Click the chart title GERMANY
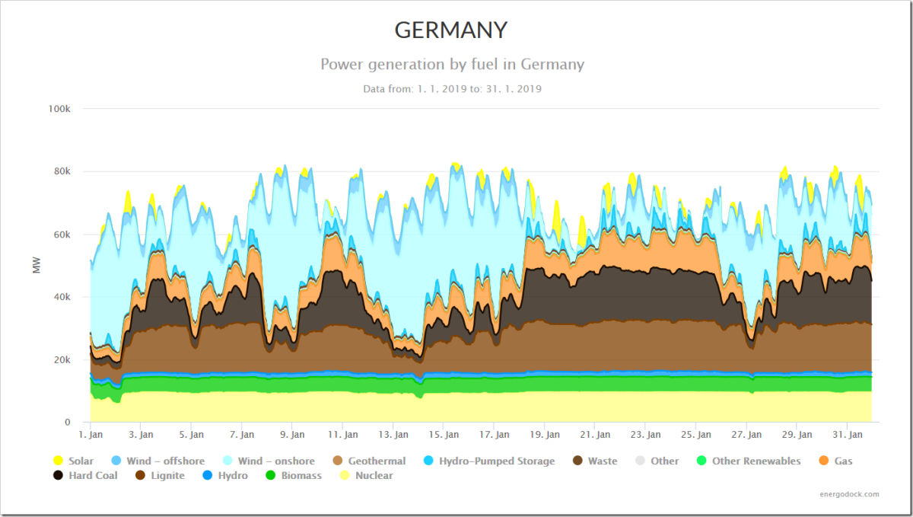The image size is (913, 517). (451, 30)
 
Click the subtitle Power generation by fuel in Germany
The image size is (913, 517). (452, 64)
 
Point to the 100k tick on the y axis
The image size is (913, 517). (59, 109)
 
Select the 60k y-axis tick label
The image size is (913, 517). (62, 235)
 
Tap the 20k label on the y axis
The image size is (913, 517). (62, 359)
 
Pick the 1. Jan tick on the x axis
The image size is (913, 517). (91, 435)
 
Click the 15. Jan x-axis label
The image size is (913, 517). (444, 435)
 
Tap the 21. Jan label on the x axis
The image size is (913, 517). (595, 435)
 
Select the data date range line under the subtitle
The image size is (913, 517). (452, 89)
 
